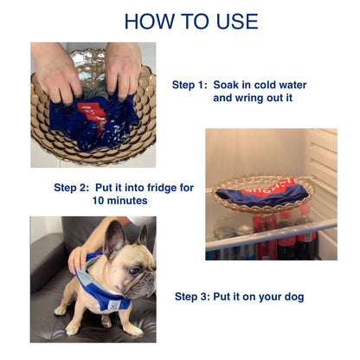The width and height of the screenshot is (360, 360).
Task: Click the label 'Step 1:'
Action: tap(190, 85)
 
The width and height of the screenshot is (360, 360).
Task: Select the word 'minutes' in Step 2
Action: tap(128, 201)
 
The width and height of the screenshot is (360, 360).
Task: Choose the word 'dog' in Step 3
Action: tap(292, 297)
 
